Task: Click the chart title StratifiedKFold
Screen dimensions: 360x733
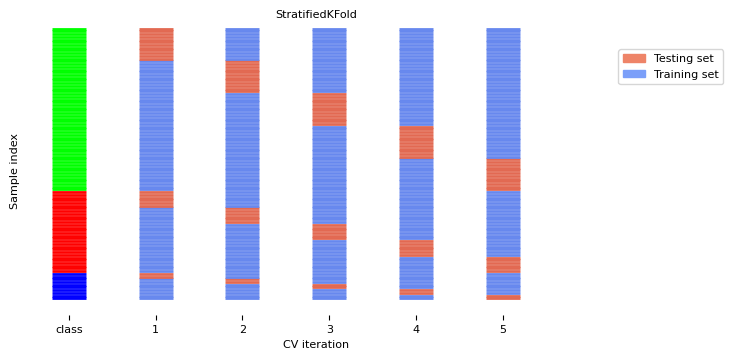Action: click(x=316, y=15)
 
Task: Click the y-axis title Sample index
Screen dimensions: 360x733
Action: click(x=14, y=171)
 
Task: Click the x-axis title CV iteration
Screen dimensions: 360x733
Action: click(x=316, y=344)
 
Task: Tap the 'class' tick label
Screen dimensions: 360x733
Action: click(x=69, y=328)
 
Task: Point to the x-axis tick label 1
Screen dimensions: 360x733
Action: click(x=155, y=328)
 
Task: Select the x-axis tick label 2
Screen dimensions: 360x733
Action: click(x=242, y=328)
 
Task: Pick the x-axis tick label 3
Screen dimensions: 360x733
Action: click(x=329, y=328)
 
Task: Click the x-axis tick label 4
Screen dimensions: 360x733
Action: click(x=416, y=328)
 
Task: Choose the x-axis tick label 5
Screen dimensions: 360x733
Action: click(x=503, y=328)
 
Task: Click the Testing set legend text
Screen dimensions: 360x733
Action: click(x=683, y=59)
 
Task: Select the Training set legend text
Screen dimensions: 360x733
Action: click(x=685, y=75)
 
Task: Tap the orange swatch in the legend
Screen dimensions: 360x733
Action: click(x=634, y=59)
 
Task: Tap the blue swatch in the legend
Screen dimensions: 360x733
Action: click(x=634, y=75)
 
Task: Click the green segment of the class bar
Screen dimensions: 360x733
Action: click(x=69, y=109)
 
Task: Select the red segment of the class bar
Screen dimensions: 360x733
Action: click(x=69, y=232)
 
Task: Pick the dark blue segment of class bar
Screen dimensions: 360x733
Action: click(x=69, y=286)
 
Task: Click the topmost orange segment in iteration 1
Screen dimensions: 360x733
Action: click(x=156, y=44)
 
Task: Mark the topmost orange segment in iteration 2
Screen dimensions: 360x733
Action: click(x=242, y=77)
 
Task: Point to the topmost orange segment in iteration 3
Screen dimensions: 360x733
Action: click(x=329, y=109)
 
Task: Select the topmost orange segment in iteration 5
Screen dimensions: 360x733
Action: click(x=503, y=175)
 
